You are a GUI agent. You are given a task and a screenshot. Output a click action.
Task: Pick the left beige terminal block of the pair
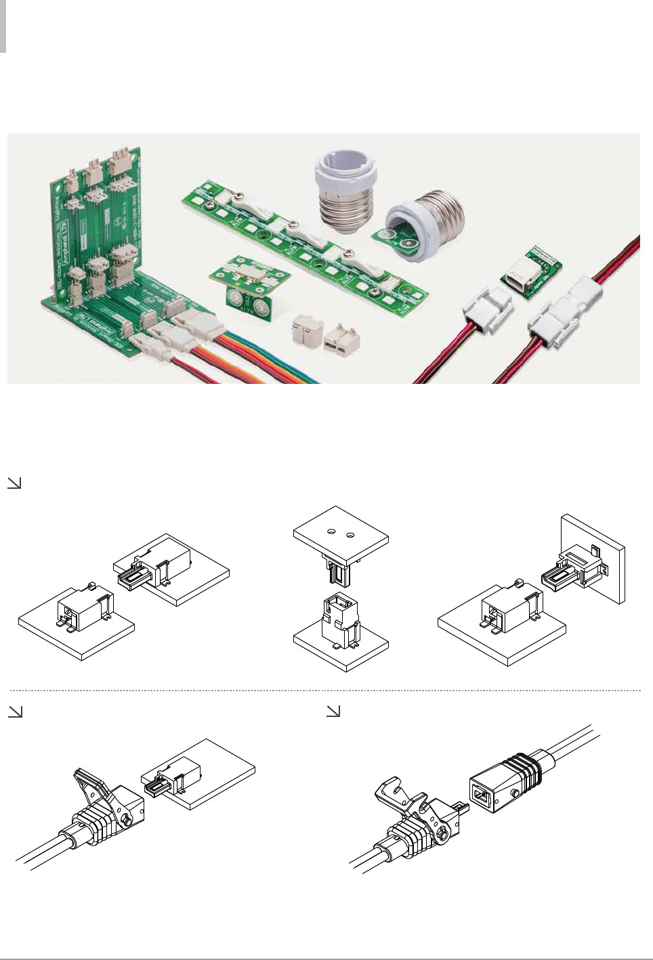point(305,332)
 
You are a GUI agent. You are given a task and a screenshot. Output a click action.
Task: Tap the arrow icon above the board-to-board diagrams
point(14,483)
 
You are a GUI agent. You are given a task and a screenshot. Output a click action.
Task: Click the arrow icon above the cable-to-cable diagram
point(333,712)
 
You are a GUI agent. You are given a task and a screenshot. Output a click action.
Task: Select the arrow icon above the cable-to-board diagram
point(14,712)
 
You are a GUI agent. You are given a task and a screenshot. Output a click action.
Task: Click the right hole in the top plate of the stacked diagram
point(350,536)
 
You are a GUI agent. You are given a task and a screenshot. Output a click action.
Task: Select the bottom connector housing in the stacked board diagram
point(342,619)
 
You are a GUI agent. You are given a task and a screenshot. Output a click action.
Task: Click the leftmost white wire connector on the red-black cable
point(487,311)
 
